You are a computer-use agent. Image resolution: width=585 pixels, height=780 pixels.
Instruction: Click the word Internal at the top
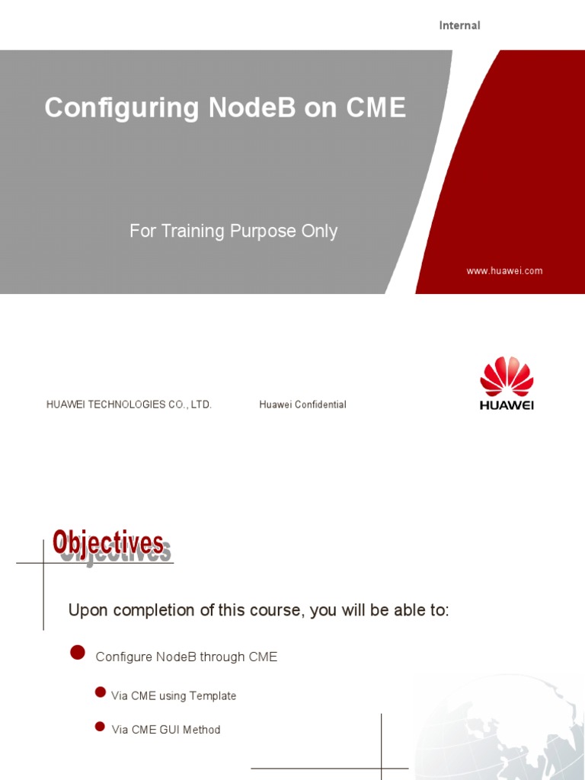459,25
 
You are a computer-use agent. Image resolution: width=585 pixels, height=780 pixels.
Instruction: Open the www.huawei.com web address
504,270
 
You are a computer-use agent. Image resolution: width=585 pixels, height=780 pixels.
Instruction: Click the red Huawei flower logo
507,376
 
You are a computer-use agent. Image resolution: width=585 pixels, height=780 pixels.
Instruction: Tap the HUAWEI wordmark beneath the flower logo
507,405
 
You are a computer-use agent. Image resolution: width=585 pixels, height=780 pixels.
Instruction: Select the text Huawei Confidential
302,404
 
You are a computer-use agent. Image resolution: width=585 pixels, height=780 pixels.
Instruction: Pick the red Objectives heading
108,543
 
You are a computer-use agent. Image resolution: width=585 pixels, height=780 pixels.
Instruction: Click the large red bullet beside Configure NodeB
77,652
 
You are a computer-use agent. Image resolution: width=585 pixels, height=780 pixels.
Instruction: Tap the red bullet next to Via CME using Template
100,692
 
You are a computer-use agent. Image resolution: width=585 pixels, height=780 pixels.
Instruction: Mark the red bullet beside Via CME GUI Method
100,726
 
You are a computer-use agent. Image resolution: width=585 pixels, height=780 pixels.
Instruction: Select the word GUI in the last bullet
171,729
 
